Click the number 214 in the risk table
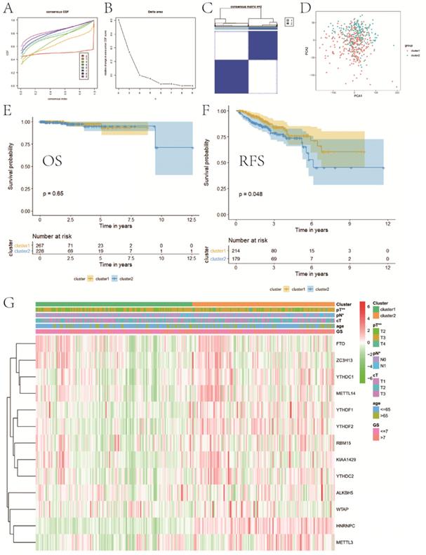point(238,250)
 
